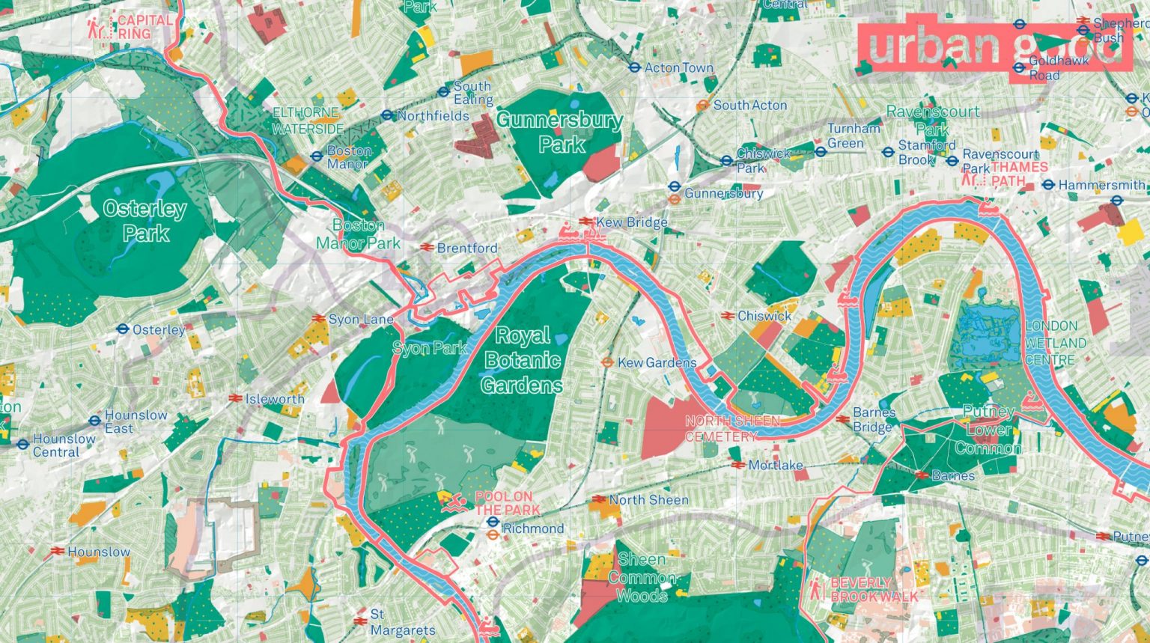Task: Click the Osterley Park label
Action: point(144,221)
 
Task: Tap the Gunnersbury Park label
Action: point(559,132)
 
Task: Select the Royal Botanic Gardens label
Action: point(522,360)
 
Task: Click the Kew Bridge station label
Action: point(631,222)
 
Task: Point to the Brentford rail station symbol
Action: point(427,248)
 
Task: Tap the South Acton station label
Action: point(749,106)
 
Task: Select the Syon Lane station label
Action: point(361,320)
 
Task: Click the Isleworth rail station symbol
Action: point(235,399)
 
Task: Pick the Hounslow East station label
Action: point(136,421)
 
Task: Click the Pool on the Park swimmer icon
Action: point(451,502)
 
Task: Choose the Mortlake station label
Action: point(775,465)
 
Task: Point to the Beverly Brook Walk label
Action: point(873,589)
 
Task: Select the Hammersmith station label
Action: point(1101,185)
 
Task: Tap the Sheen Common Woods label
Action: point(642,577)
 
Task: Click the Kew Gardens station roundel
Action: point(607,362)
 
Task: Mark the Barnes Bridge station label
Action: point(874,420)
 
